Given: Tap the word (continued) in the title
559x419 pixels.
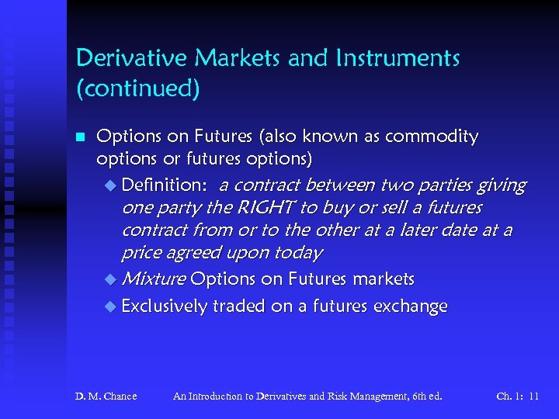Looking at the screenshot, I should (x=137, y=88).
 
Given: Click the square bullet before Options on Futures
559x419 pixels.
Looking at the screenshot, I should (x=79, y=138).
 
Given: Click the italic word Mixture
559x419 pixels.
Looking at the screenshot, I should (x=154, y=279).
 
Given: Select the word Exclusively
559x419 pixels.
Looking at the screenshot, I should (x=164, y=306).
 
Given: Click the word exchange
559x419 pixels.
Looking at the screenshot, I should (x=411, y=306).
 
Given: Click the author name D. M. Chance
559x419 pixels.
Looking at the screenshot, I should (x=106, y=396).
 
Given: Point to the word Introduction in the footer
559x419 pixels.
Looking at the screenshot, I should (x=225, y=396).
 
